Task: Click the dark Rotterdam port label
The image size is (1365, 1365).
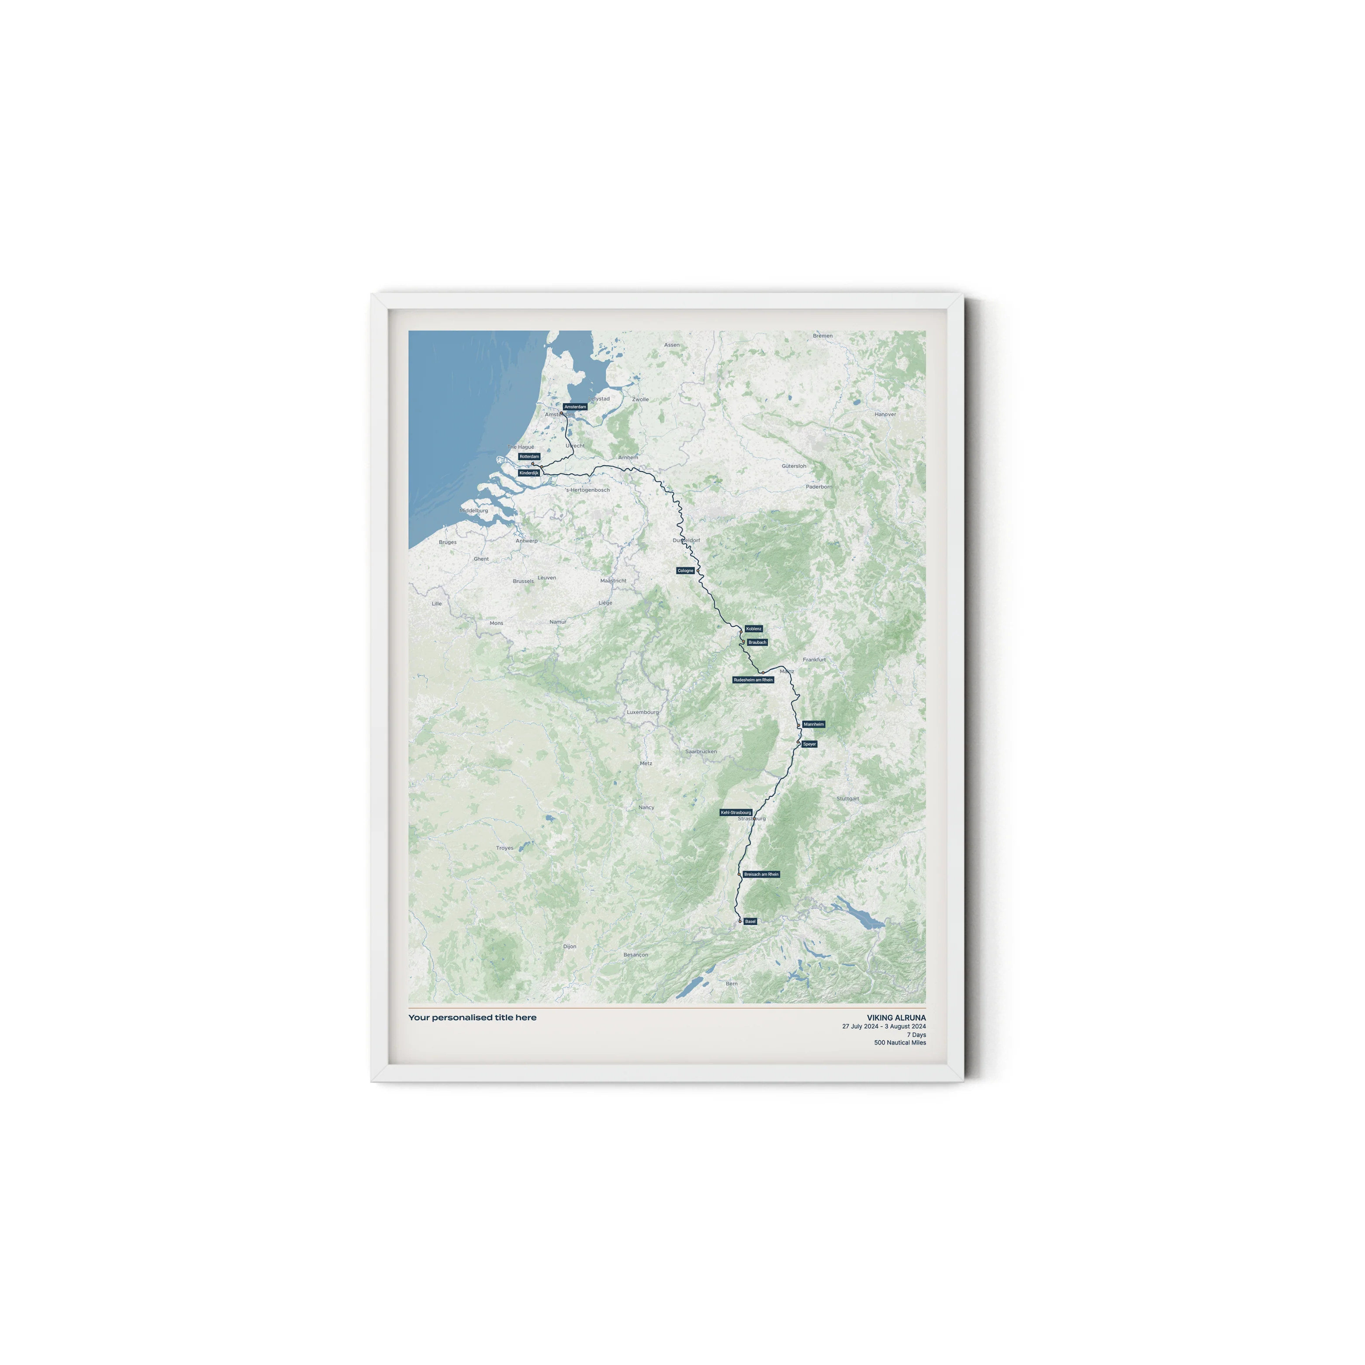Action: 529,456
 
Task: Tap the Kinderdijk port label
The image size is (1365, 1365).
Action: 529,473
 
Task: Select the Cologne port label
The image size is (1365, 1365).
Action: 685,570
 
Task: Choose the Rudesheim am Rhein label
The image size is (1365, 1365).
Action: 753,680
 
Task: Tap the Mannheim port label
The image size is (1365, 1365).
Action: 814,724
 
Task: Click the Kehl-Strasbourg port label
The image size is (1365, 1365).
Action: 736,812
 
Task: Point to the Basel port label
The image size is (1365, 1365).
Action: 750,921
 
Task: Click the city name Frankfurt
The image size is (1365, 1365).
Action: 814,659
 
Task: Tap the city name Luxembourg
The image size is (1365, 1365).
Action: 642,712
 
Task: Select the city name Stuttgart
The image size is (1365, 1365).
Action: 848,798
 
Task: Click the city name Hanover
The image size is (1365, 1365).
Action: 885,415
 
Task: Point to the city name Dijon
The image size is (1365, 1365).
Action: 570,946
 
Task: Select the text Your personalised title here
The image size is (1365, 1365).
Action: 472,1017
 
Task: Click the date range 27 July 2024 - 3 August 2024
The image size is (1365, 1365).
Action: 883,1026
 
